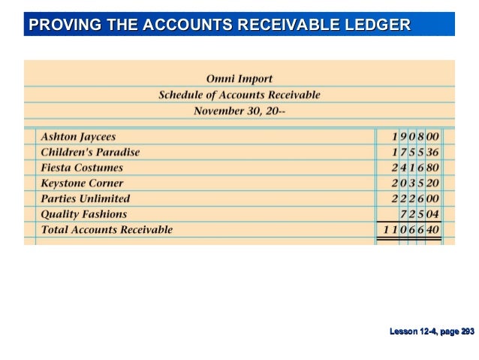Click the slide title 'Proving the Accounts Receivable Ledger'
[x=219, y=25]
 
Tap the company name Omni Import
[x=239, y=79]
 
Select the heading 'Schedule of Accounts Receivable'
[x=239, y=95]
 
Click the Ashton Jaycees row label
[x=78, y=137]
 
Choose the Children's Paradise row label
[x=89, y=152]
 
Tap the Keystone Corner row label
[x=82, y=183]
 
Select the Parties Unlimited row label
[x=85, y=198]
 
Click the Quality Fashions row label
[x=83, y=214]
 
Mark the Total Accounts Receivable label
[x=106, y=229]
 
